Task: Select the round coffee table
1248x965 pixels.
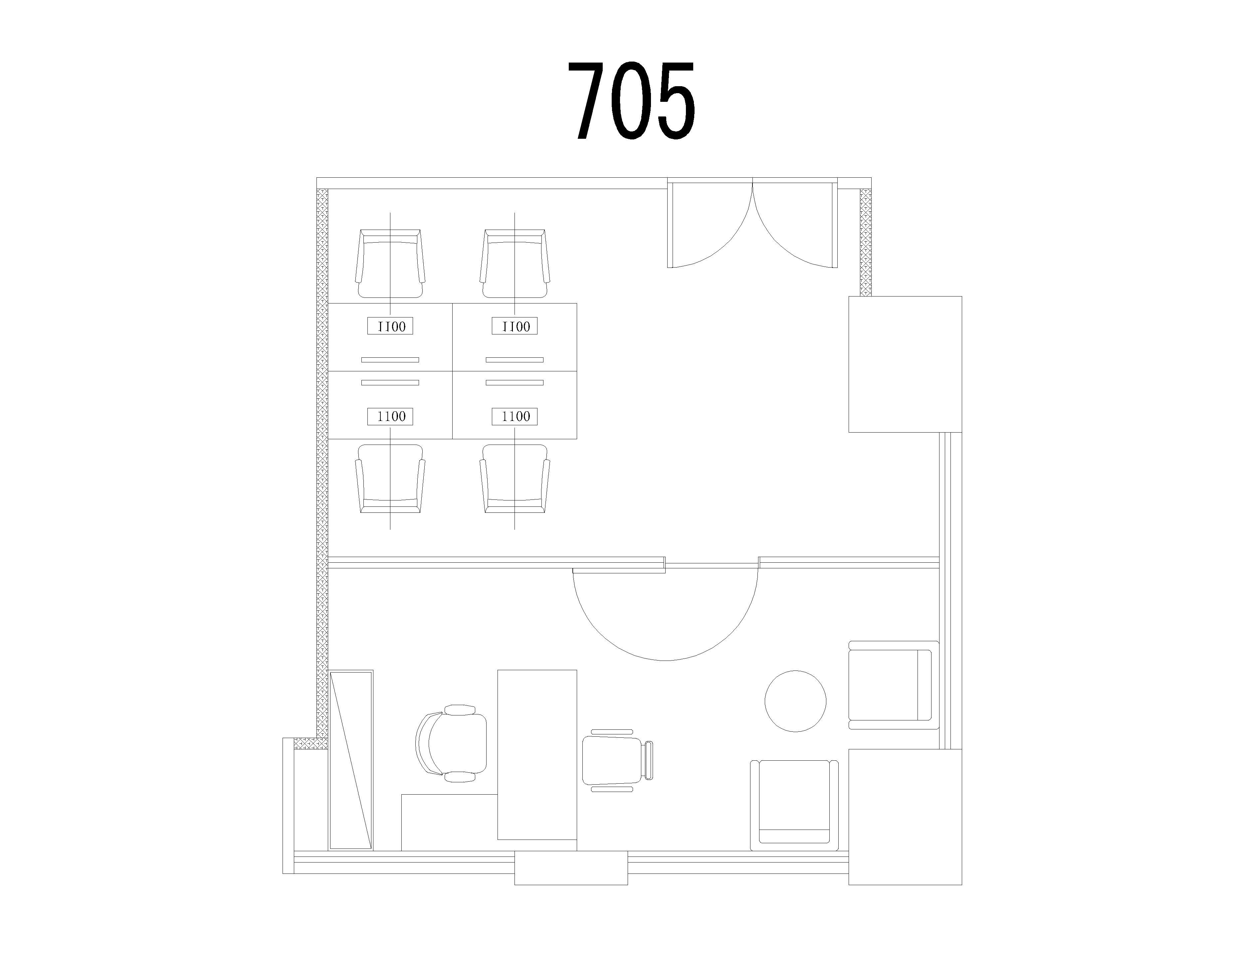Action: pos(795,700)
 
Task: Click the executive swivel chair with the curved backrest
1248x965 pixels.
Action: pos(451,743)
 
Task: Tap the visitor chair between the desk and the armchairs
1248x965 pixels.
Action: pos(617,760)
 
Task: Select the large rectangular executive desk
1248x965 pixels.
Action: pos(537,755)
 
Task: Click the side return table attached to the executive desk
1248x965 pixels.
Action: pos(449,822)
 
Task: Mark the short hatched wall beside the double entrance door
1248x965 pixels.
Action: pos(866,242)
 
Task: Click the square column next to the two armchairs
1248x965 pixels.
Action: pos(905,817)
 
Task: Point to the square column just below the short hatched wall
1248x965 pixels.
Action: pos(905,364)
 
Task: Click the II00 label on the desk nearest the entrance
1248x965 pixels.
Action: pos(515,326)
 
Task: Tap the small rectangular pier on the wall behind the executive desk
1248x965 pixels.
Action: pos(571,868)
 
